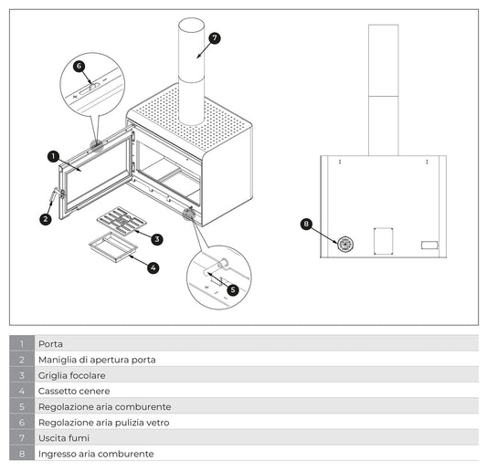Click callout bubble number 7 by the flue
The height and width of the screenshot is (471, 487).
tap(215, 38)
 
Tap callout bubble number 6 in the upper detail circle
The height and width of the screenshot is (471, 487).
tap(79, 66)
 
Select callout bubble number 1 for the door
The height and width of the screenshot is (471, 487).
tap(53, 156)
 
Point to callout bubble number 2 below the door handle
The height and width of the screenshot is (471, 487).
tap(46, 219)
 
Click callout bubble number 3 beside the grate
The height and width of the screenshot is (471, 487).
tap(157, 239)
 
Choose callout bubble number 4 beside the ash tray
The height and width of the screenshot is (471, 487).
tap(154, 267)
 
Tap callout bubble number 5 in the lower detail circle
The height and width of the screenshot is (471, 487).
tap(233, 290)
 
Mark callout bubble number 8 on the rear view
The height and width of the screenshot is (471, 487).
tap(306, 224)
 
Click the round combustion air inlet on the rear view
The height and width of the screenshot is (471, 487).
tap(345, 245)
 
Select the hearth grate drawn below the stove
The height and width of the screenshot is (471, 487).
tap(122, 221)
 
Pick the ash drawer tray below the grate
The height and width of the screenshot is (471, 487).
tap(113, 246)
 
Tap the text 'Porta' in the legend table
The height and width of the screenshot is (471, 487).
tap(50, 344)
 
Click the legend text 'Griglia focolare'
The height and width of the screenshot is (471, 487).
tap(72, 375)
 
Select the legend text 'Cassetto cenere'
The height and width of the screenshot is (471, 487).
tap(74, 391)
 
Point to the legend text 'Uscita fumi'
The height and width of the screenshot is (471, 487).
tap(64, 438)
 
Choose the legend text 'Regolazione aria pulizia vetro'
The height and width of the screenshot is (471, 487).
tap(104, 423)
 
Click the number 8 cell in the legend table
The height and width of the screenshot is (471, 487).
tap(22, 454)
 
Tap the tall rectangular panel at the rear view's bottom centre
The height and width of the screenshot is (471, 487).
tap(384, 241)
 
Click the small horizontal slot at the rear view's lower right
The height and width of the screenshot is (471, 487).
tap(429, 246)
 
